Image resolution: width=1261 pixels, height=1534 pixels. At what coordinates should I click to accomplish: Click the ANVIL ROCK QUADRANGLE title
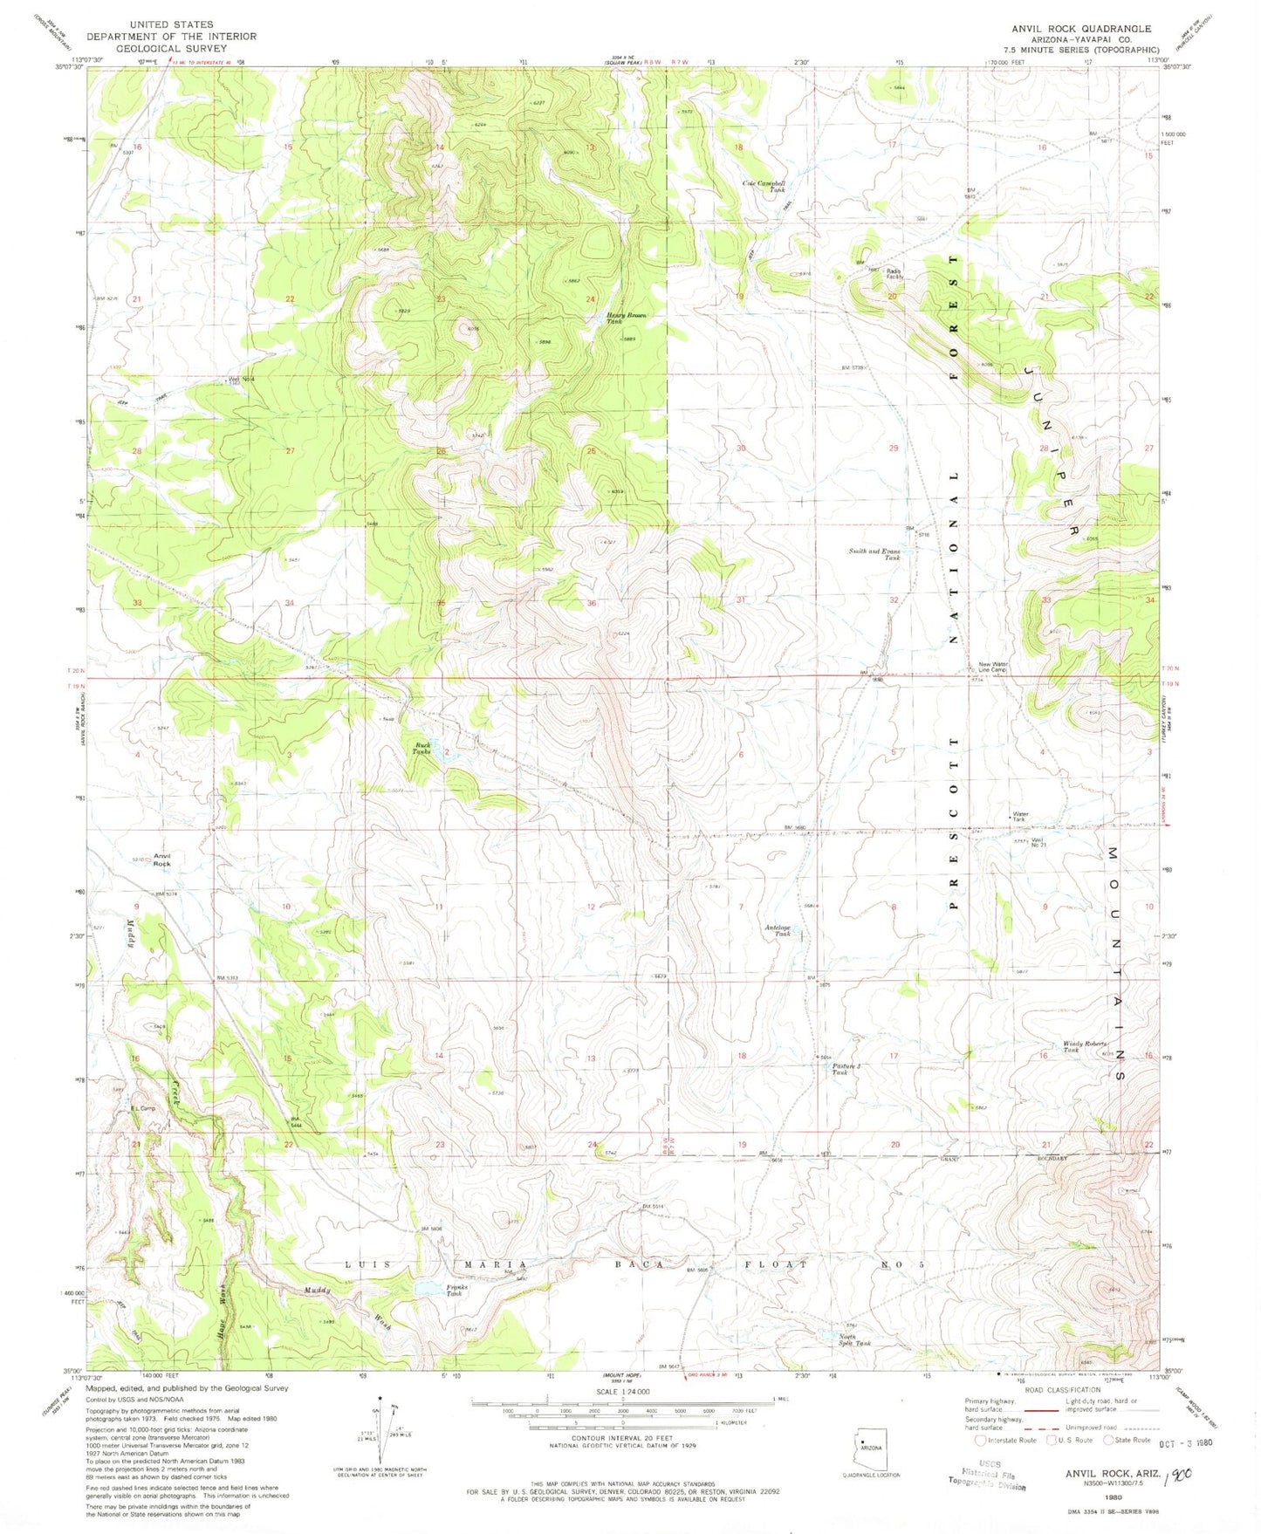click(x=1081, y=29)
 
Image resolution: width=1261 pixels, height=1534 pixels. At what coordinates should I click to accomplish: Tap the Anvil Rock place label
click(x=162, y=859)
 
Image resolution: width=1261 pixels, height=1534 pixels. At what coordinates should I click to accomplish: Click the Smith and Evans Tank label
click(x=875, y=554)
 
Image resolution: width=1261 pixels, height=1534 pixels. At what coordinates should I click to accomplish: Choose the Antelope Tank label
click(x=778, y=930)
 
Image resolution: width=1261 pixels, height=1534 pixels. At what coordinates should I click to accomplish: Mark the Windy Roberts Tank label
click(x=1083, y=1046)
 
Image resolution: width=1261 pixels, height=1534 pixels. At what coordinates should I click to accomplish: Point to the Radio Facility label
click(x=894, y=273)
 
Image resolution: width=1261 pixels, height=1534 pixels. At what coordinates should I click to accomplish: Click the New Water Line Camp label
click(x=993, y=667)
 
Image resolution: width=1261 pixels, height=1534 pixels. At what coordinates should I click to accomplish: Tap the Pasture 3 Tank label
click(x=840, y=1069)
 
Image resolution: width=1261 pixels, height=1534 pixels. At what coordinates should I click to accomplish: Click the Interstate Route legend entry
click(x=1005, y=1440)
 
